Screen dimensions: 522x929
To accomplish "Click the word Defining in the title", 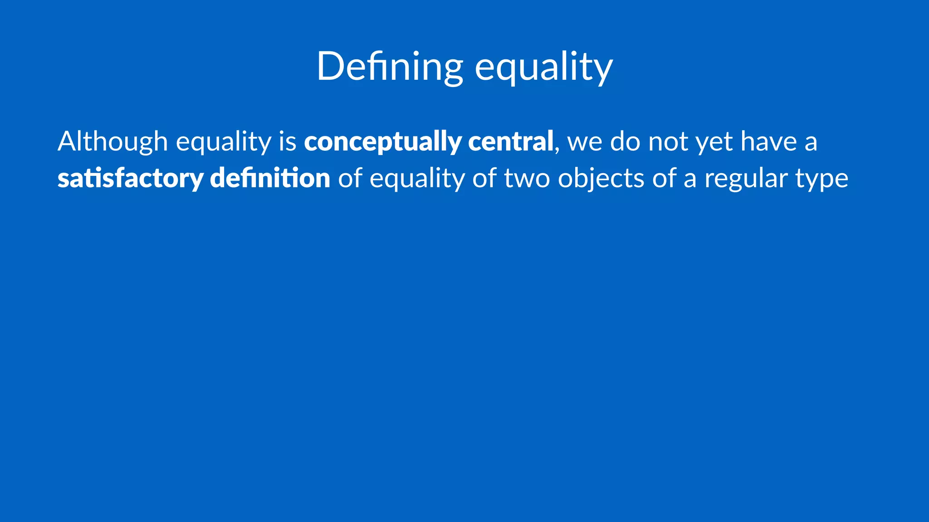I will pyautogui.click(x=390, y=67).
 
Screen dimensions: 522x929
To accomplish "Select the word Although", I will pyautogui.click(x=112, y=141).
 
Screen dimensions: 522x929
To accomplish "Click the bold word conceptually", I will pyautogui.click(x=382, y=141).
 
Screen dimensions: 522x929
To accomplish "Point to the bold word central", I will pyautogui.click(x=510, y=141).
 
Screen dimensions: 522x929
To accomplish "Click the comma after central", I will pyautogui.click(x=557, y=150).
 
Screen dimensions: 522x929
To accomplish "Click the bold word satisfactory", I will pyautogui.click(x=130, y=179).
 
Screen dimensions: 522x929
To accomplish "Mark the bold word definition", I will pyautogui.click(x=270, y=179).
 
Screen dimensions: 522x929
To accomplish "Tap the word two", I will pyautogui.click(x=527, y=179).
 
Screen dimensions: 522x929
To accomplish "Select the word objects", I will pyautogui.click(x=601, y=179).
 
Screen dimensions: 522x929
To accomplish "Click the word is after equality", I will pyautogui.click(x=288, y=141).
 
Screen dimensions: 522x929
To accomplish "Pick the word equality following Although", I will pyautogui.click(x=223, y=141).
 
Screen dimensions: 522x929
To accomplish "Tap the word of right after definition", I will pyautogui.click(x=350, y=179).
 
